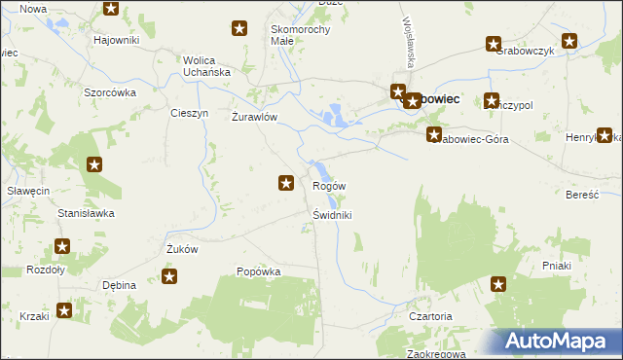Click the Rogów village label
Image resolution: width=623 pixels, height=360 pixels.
coord(329,186)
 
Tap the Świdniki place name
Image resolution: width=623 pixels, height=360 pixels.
coord(333,215)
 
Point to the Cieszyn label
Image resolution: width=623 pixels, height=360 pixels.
coord(189,113)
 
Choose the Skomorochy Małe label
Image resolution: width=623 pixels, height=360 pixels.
coord(301,35)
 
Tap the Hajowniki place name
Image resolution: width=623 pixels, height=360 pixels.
coord(117,40)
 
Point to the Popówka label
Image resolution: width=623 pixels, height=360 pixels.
coord(259,272)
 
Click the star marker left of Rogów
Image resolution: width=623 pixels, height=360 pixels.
coord(286,182)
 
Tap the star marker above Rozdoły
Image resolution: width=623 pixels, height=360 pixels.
coord(63,247)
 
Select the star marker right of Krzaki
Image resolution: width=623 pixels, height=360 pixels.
coord(64,311)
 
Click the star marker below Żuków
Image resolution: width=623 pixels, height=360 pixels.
coord(169,277)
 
